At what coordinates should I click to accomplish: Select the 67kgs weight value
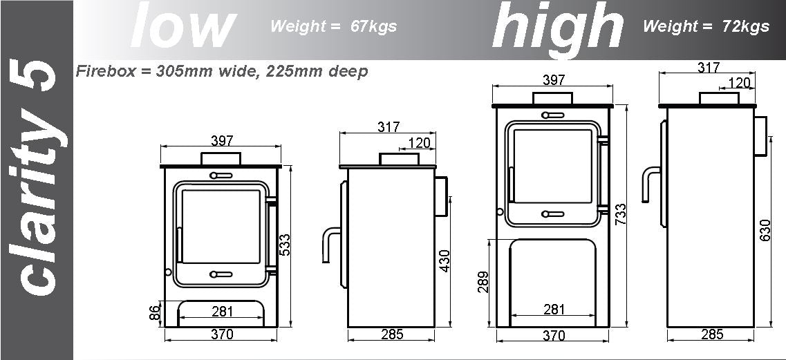pos(373,26)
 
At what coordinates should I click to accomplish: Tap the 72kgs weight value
pos(746,26)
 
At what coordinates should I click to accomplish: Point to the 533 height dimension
pos(284,245)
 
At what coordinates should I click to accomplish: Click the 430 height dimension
pos(444,260)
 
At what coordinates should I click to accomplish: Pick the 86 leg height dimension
pos(156,312)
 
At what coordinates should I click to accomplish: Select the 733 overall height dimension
pos(620,215)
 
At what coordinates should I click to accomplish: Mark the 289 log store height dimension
pos(483,283)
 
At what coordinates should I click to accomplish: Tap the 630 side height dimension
pos(765,230)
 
